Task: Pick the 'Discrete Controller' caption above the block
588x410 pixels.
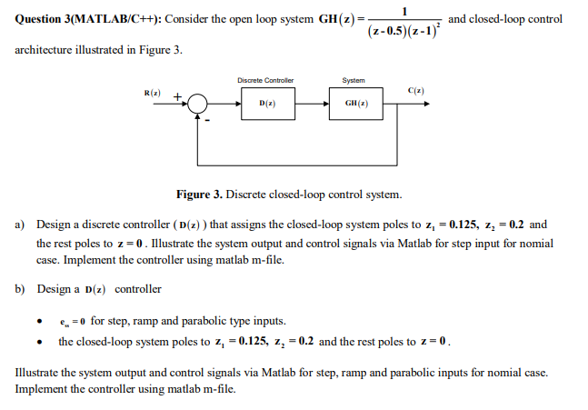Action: click(265, 80)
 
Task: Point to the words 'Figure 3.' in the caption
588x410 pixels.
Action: click(200, 195)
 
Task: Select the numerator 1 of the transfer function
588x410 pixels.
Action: click(404, 10)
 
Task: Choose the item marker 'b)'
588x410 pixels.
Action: click(21, 289)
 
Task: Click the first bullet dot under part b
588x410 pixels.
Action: click(40, 322)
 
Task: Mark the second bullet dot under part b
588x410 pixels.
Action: click(40, 343)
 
